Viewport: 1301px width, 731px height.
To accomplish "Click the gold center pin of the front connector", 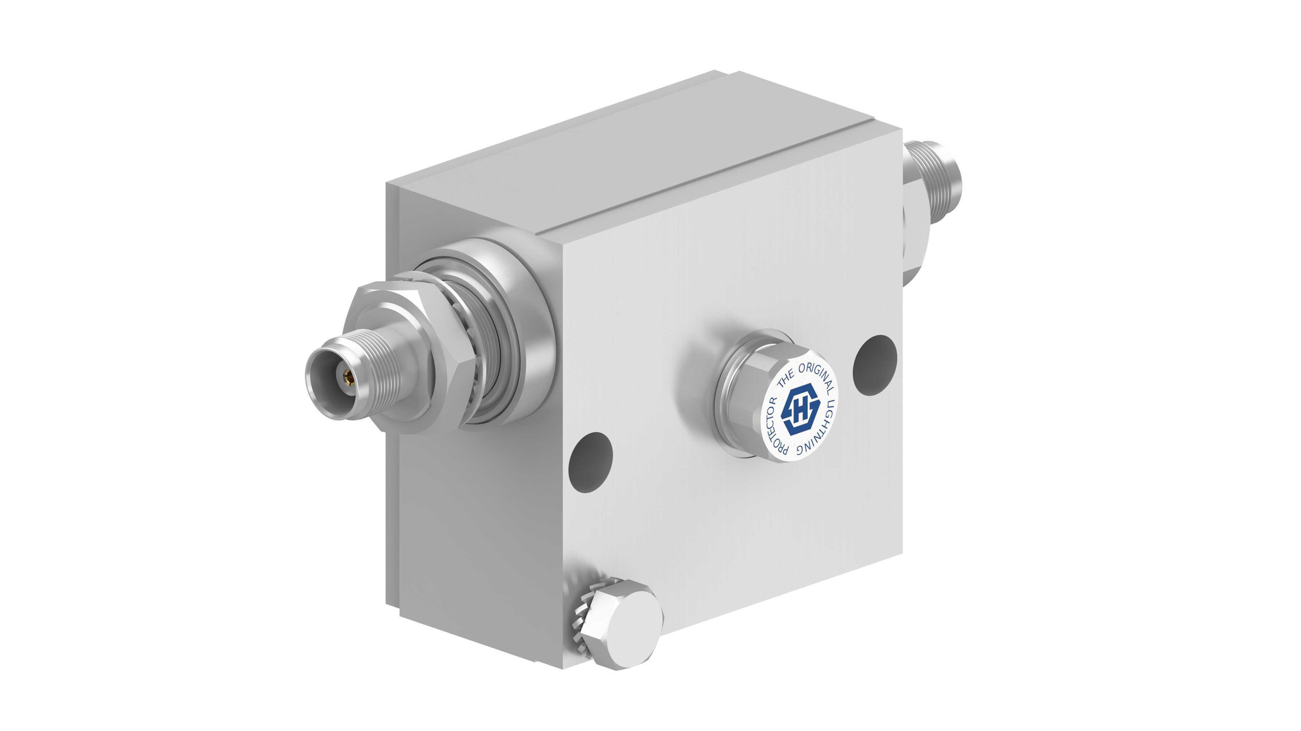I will point(347,376).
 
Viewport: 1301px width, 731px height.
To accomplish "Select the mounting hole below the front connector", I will point(591,462).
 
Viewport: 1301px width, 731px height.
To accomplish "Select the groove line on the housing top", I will point(707,177).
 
